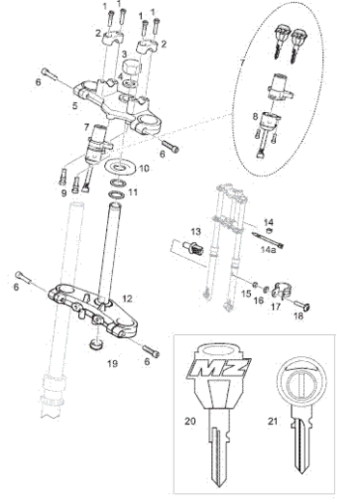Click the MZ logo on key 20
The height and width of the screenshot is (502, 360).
(219, 368)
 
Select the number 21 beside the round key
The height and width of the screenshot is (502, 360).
(272, 421)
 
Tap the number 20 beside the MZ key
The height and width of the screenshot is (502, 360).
(190, 421)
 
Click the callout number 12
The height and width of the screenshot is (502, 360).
(127, 298)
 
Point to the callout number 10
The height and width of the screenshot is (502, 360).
(144, 168)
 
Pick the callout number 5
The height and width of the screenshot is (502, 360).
(75, 105)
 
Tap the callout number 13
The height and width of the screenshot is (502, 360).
(196, 232)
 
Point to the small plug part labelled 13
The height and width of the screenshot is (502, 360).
(192, 248)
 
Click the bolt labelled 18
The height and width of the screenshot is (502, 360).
(302, 306)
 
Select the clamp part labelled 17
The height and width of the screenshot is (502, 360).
(281, 290)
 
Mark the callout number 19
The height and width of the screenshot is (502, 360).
(112, 363)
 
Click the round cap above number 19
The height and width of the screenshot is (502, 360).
(97, 345)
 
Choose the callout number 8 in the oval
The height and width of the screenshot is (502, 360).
(255, 117)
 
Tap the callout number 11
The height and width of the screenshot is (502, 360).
(133, 192)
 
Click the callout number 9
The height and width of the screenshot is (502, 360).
(64, 193)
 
